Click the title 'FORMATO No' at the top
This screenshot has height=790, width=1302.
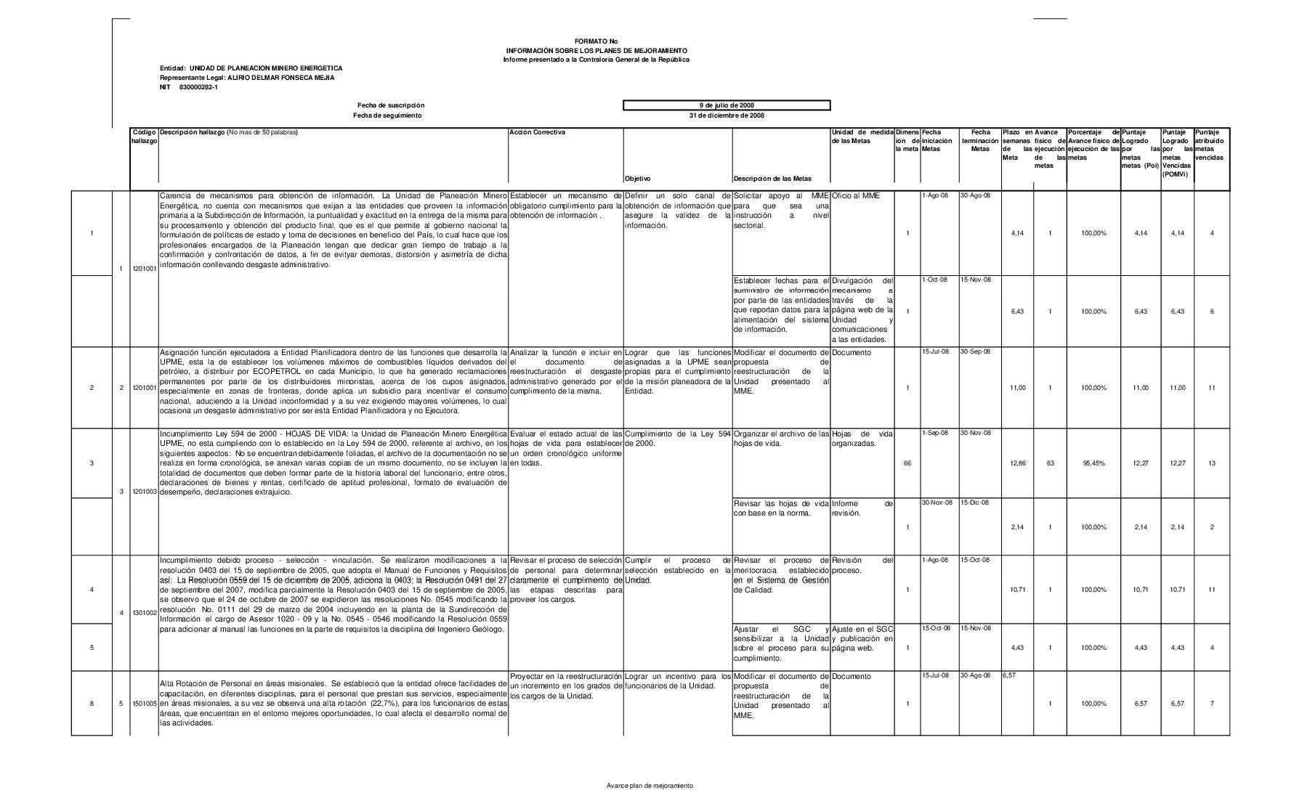coord(595,41)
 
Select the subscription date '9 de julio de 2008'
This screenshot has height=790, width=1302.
coord(726,106)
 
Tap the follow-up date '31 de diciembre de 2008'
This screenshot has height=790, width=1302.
coord(726,115)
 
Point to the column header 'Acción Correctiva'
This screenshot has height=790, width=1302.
coord(538,132)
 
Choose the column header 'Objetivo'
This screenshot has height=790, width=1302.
coord(637,179)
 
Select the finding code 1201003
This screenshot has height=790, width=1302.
coord(144,492)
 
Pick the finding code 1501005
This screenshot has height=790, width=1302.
coord(144,704)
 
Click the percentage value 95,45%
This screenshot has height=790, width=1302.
coord(1093,463)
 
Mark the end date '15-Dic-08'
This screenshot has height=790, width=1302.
coord(974,502)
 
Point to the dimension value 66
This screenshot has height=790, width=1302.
coord(907,463)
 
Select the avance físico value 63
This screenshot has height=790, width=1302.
coord(1050,463)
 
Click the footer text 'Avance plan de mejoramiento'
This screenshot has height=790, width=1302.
coord(650,786)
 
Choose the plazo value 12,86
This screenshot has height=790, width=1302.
coord(1017,463)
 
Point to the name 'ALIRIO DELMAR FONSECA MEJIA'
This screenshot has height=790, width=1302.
coord(280,78)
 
